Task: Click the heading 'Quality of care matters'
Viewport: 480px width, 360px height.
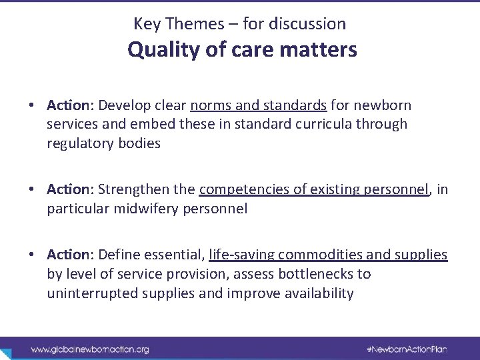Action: (243, 50)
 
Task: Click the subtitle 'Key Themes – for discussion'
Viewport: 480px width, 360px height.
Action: (240, 24)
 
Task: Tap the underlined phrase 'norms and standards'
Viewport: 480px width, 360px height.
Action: (259, 105)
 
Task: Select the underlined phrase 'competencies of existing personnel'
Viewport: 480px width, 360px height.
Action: (314, 190)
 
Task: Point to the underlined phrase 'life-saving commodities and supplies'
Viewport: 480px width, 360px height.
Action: (328, 255)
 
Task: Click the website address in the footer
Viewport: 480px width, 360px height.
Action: (90, 349)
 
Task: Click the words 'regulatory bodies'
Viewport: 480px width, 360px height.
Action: (104, 144)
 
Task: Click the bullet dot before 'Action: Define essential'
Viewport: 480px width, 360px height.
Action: (31, 255)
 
